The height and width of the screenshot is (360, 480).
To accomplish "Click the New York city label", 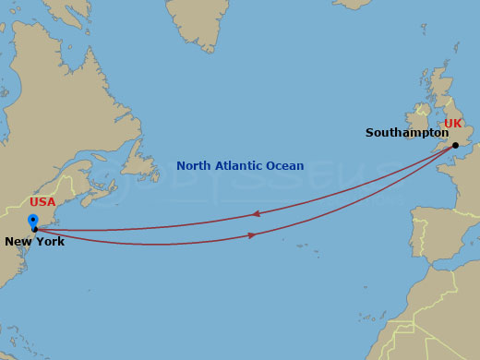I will coord(35,242).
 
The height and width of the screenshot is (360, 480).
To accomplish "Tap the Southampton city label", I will coord(406,133).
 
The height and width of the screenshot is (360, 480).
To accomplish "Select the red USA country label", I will coord(42,202).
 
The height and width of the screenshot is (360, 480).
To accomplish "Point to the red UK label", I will coord(453,124).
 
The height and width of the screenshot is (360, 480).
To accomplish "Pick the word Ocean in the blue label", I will coord(285,166).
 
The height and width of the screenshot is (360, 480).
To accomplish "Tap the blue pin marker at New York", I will coord(33,221).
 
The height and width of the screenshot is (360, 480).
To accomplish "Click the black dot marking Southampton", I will coord(455,145).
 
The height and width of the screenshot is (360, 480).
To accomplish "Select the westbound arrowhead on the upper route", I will coord(255,214).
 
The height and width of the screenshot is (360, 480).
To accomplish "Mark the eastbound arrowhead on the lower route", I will coord(253,235).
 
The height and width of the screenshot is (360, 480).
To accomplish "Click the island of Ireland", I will coord(420,120).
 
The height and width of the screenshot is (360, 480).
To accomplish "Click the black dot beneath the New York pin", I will coord(34,230).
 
